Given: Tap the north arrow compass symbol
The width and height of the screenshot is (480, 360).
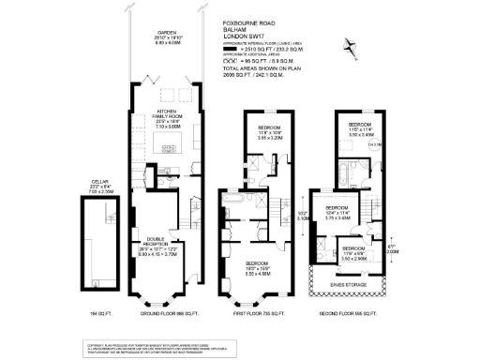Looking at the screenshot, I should (351, 43).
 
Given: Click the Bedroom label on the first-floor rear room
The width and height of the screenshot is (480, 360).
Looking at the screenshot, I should (261, 130).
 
